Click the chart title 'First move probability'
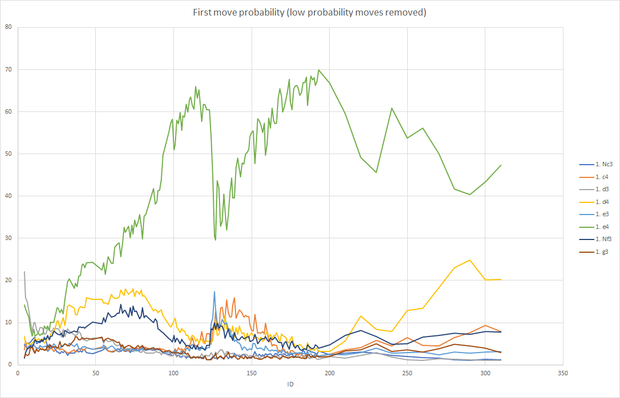coord(238,12)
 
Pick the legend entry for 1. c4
coord(593,177)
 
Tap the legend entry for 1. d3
coord(593,189)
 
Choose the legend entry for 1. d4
coord(593,202)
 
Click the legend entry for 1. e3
coord(593,214)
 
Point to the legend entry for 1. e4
coord(593,227)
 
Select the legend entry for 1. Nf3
coord(595,239)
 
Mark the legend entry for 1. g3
coord(593,252)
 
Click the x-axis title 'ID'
coord(291,384)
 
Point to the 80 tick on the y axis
coord(8,27)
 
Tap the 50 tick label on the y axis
coord(8,154)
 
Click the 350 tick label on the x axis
coord(563,373)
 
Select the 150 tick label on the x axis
coord(251,373)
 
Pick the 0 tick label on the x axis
coord(18,373)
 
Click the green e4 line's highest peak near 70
coord(319,70)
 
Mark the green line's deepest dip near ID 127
coord(216,240)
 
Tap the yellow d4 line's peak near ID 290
coord(470,260)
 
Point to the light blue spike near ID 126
coord(214,292)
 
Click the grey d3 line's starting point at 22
coord(24,272)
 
